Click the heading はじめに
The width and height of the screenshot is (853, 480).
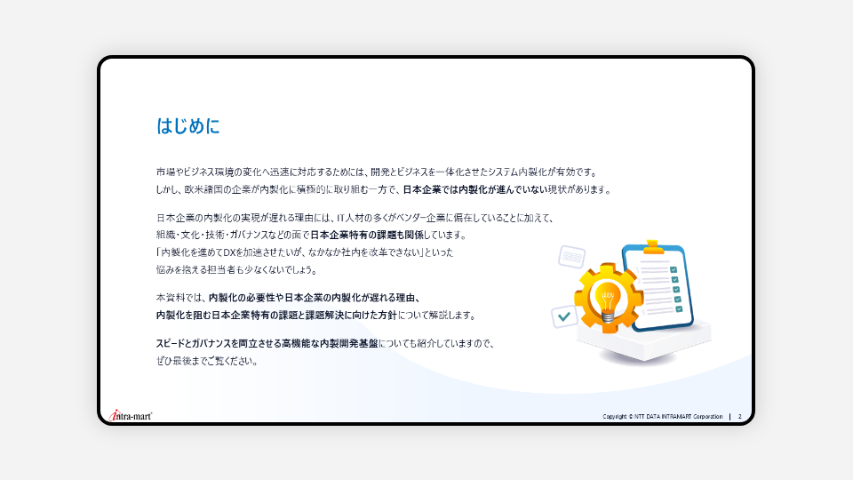point(188,126)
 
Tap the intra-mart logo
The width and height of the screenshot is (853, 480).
point(131,416)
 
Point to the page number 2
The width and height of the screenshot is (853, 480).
point(740,416)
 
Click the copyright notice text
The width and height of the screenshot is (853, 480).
point(663,416)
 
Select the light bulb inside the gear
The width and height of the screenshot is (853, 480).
point(607,300)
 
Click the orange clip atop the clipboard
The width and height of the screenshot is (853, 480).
point(653,248)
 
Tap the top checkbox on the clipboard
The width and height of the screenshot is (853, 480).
point(674,270)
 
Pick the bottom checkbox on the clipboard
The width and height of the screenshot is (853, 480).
point(679,309)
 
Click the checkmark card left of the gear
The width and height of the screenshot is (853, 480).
point(564,316)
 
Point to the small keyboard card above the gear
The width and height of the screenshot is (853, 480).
point(571,257)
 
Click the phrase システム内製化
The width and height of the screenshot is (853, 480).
point(518,172)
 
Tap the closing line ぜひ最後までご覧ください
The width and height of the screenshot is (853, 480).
point(207,362)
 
